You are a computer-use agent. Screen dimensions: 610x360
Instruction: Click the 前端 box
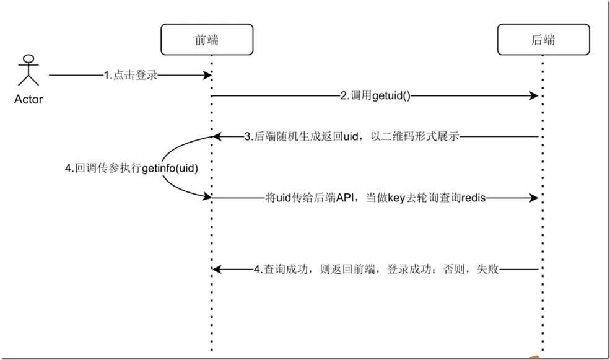point(207,39)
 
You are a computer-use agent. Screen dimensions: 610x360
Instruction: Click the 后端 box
point(544,39)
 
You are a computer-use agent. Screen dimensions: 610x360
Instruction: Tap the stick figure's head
point(28,59)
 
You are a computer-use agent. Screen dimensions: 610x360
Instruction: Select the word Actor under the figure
point(28,99)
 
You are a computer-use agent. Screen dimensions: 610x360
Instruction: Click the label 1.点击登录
point(131,75)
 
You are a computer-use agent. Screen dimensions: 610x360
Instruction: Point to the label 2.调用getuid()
point(375,96)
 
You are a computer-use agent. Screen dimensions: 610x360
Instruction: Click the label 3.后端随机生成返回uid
point(301,136)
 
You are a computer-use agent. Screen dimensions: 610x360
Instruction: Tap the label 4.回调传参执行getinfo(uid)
point(131,169)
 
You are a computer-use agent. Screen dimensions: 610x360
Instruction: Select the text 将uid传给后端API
point(309,198)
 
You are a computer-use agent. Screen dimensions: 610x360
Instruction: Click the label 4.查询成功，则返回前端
point(315,269)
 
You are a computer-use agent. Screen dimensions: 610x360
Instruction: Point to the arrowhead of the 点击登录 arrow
point(207,75)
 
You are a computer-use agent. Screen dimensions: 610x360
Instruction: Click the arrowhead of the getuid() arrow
point(534,96)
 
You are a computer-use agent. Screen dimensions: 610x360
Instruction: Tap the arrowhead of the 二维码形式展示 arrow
point(217,136)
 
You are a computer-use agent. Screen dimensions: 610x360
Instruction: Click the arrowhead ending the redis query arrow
point(534,198)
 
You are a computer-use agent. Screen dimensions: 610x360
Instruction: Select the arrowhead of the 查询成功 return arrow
point(217,269)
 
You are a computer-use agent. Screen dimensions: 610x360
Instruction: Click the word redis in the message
point(474,198)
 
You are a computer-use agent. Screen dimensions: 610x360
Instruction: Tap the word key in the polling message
point(397,198)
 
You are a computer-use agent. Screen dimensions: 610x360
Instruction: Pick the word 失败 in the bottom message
point(487,269)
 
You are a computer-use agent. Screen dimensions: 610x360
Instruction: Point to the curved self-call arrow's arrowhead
point(207,196)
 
